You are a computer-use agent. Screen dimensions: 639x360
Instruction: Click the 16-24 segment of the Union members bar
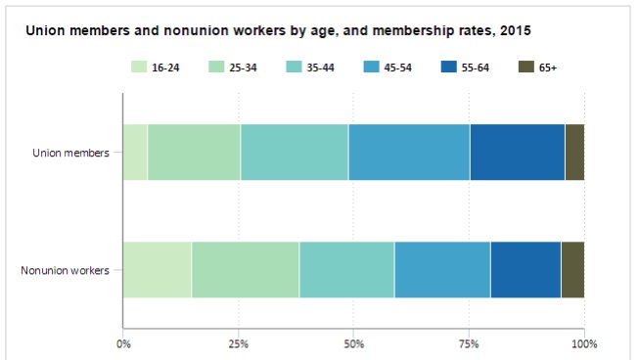point(135,153)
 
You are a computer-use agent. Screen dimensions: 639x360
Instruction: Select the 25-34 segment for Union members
point(194,153)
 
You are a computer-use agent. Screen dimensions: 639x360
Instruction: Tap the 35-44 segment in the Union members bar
point(295,153)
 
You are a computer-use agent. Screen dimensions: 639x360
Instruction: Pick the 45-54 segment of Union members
point(410,153)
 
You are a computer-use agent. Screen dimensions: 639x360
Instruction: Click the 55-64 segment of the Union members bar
point(518,153)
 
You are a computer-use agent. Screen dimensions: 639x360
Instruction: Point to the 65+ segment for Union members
point(574,153)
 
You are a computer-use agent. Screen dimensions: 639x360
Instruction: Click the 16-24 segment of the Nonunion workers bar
point(158,270)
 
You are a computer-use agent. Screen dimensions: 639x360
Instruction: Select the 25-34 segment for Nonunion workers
point(246,270)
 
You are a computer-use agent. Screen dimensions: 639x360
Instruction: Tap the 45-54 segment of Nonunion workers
point(442,270)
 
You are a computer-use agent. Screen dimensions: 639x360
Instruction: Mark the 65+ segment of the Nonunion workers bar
point(573,270)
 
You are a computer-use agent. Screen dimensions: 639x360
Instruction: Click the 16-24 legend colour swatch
point(139,67)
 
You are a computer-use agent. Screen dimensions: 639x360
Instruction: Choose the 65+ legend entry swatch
point(526,67)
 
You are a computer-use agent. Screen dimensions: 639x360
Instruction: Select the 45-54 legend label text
point(397,67)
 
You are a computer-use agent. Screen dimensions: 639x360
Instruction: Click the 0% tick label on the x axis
point(123,344)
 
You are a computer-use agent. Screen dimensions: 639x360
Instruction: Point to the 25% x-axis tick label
point(239,344)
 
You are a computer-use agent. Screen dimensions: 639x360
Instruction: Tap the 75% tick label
point(469,344)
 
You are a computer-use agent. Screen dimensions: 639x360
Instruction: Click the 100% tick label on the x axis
point(584,344)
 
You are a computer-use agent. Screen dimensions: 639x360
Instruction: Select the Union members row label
point(70,154)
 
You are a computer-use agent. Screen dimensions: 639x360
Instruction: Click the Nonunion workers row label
point(66,271)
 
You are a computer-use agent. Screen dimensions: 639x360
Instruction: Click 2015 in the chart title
point(516,31)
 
